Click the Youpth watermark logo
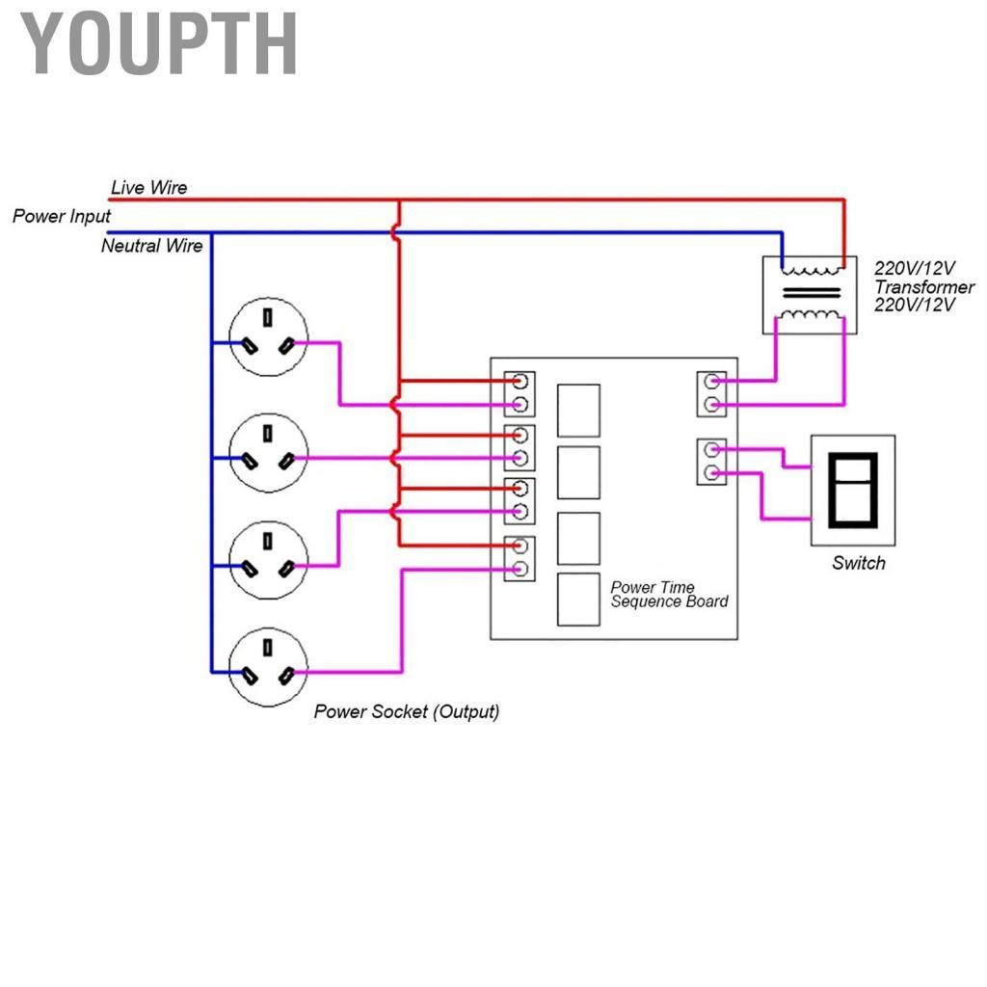click(x=159, y=43)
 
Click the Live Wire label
click(x=148, y=187)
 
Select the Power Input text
click(x=61, y=216)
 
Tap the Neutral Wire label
click(x=151, y=246)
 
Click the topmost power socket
click(x=268, y=336)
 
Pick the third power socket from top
click(x=268, y=559)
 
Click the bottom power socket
click(x=268, y=666)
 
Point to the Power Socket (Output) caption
click(x=407, y=712)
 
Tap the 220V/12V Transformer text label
click(x=923, y=286)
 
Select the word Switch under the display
click(x=858, y=563)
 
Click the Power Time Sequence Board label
click(x=669, y=594)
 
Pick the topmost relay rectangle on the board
click(x=578, y=410)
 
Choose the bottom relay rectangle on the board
click(x=578, y=600)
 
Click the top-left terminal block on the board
click(x=520, y=392)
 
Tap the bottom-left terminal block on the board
click(x=520, y=557)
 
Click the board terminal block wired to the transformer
click(x=710, y=393)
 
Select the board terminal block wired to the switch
click(x=710, y=461)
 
